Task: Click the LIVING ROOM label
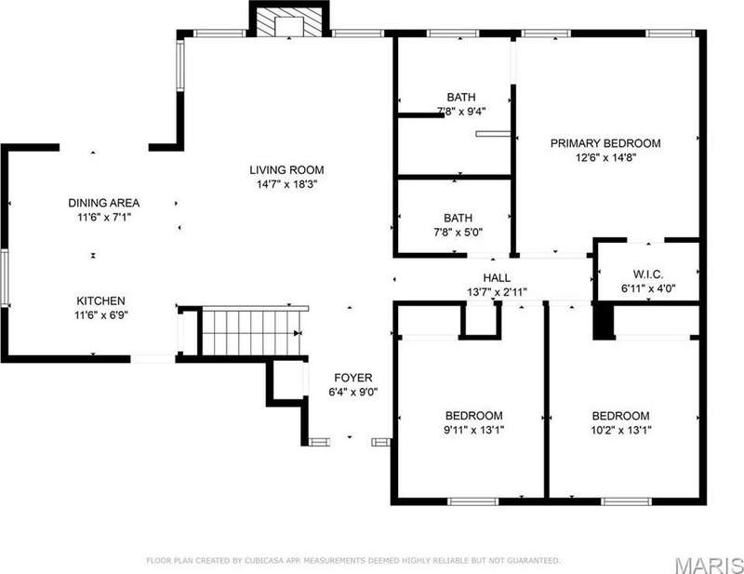coord(286,169)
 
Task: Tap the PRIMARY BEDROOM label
coord(605,143)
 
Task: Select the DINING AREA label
coord(104,203)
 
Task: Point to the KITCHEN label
coord(101,300)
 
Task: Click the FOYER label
coord(353,378)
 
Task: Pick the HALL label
coord(497,278)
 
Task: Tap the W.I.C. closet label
coord(648,274)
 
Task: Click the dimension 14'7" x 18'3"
coord(286,184)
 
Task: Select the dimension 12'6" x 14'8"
coord(605,157)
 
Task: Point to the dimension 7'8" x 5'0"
coord(458,233)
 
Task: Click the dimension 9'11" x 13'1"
coord(473,430)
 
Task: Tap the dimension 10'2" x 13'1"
coord(620,430)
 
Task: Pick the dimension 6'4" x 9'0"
coord(353,393)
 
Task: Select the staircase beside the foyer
coord(254,332)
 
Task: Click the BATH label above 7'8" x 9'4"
coord(460,97)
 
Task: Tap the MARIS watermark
coord(709,566)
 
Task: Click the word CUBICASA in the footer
coord(264,561)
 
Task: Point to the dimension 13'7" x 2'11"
coord(497,292)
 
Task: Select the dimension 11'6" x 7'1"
coord(104,218)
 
